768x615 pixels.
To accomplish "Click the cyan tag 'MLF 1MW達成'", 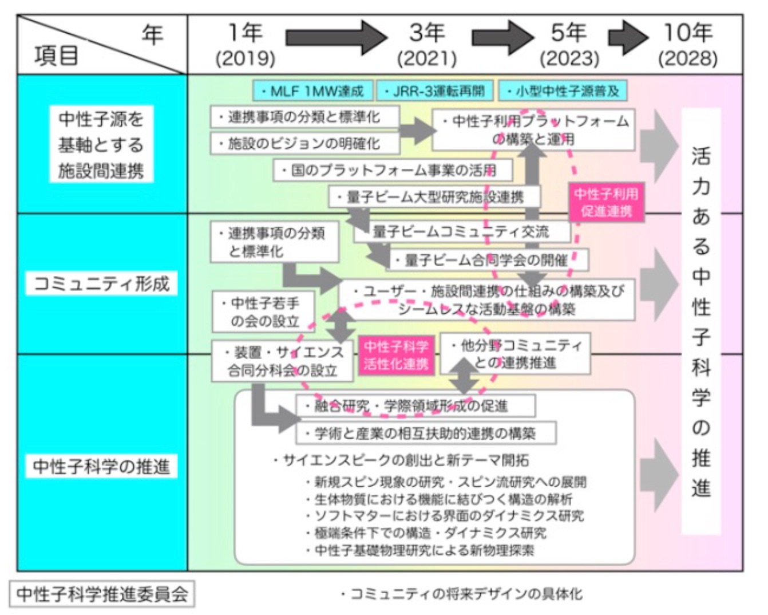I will pos(312,91).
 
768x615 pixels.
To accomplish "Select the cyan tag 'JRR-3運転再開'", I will pos(434,91).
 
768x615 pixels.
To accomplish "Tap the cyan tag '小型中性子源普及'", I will pos(563,91).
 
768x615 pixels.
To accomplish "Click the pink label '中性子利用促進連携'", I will pos(606,202).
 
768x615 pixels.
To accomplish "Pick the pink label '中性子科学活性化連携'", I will pos(396,355).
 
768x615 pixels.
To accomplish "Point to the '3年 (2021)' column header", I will pos(427,45).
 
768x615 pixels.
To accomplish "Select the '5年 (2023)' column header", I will pos(569,45).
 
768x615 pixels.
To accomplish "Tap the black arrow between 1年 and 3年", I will pos(336,38).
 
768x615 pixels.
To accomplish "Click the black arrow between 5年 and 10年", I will pos(628,38).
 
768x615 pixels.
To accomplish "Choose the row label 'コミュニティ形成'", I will pos(102,283).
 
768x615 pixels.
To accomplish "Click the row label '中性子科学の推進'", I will pos(102,466).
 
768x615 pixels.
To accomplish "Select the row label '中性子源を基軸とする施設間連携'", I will pos(101,144).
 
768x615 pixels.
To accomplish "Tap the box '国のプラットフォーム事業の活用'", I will pos(393,170).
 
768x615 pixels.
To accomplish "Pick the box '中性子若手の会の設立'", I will pos(264,312).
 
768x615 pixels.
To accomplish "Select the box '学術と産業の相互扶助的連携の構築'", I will pos(425,433).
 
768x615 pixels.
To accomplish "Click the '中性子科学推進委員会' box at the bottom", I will pos(102,594).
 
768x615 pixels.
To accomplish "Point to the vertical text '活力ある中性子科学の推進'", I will pos(700,321).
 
